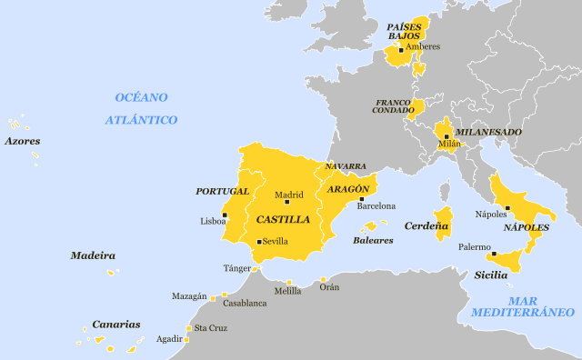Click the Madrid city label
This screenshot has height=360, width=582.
[289, 195]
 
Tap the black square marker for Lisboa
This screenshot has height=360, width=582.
[225, 215]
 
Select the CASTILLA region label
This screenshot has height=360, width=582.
[283, 220]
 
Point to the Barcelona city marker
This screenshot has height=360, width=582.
[361, 199]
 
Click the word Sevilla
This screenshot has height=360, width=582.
[276, 242]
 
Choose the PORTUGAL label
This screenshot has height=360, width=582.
[222, 191]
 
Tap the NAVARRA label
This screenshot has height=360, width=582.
[346, 166]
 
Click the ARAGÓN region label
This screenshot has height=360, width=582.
[348, 188]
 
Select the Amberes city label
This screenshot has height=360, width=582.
[423, 46]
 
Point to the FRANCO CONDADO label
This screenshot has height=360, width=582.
[392, 105]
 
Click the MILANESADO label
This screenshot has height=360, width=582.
[488, 132]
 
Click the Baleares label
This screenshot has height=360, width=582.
[373, 240]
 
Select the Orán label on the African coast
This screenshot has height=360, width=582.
[329, 287]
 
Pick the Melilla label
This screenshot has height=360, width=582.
[287, 291]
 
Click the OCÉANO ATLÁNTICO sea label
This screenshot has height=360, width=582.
[141, 108]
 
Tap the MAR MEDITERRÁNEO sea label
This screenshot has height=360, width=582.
[523, 306]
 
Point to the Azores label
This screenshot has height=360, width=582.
[22, 141]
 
